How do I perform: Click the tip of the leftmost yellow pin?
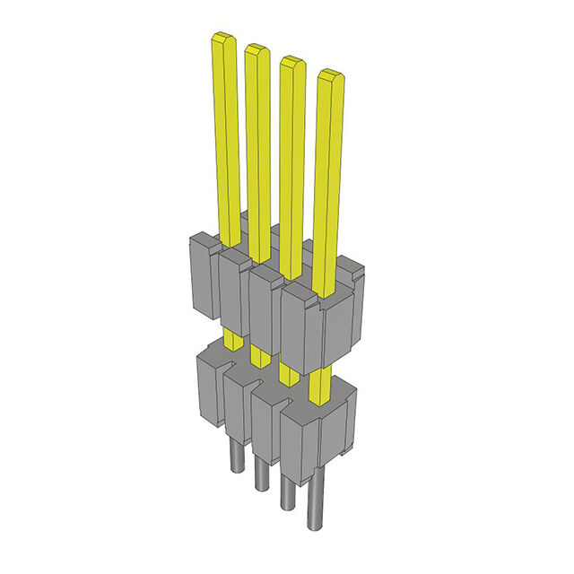click(222, 39)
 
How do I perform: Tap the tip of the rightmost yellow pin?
click(331, 75)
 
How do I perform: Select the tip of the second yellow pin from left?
click(257, 50)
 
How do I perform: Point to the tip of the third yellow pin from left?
click(291, 63)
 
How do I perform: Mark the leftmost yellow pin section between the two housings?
click(232, 339)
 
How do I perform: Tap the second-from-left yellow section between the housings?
click(260, 356)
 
